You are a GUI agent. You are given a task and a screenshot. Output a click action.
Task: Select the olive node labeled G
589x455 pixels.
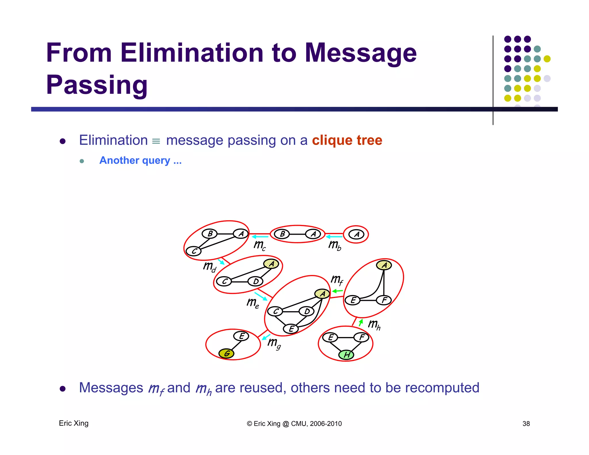point(226,353)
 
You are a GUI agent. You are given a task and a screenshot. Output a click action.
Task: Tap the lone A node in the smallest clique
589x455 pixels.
point(356,234)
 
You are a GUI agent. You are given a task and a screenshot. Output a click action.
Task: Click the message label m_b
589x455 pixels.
point(334,245)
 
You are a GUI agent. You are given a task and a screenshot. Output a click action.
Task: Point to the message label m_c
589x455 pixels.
point(259,245)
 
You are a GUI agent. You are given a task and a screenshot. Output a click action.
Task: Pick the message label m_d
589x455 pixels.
point(209,267)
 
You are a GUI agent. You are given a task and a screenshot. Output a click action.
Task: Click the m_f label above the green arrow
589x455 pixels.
point(336,280)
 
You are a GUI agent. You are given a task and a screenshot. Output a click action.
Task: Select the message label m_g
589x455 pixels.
point(274,343)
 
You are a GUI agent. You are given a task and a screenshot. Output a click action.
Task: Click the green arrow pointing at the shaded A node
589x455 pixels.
point(337,291)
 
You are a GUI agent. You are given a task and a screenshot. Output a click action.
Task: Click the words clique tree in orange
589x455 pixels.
point(347,140)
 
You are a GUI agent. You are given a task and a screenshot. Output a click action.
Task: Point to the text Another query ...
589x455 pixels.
point(140,160)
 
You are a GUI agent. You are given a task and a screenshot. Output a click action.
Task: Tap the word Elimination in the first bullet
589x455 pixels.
point(113,140)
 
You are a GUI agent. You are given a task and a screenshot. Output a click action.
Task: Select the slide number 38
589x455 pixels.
point(526,424)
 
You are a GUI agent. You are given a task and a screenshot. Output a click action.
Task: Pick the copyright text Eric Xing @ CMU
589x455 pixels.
point(294,424)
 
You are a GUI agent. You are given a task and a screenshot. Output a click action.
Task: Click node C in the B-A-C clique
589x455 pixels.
point(194,251)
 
